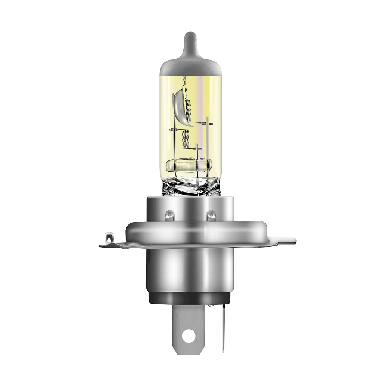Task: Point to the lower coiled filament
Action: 184,140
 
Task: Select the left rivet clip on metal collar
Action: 169,215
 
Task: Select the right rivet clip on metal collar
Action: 212,215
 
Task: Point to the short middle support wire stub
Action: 196,148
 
